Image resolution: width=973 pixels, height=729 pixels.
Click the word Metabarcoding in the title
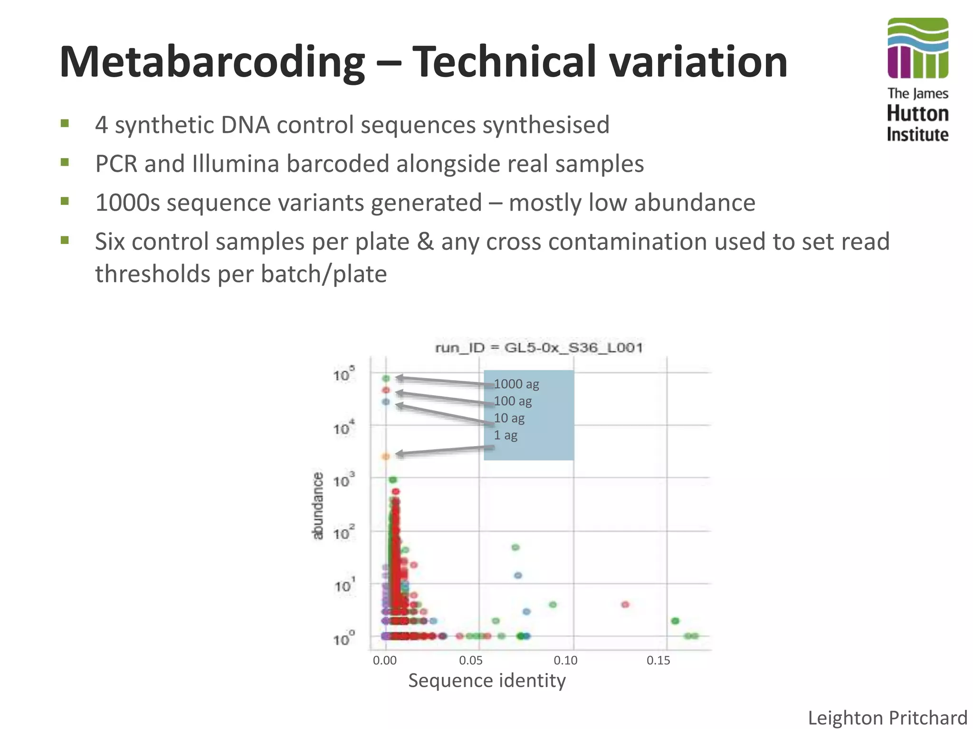(x=212, y=62)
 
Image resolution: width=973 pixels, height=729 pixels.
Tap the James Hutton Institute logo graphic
(x=917, y=48)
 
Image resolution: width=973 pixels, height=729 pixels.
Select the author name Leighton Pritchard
(x=887, y=718)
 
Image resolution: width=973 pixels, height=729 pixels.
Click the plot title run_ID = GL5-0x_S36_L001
(x=539, y=348)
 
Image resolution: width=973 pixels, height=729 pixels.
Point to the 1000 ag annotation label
(x=516, y=384)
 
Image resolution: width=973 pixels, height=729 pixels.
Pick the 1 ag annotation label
(x=505, y=435)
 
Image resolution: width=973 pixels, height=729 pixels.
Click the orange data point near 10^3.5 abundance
(x=386, y=456)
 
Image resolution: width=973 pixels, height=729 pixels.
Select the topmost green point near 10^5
(x=386, y=378)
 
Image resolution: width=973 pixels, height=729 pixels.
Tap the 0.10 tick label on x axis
(x=565, y=660)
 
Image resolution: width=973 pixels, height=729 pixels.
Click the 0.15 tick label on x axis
(x=658, y=660)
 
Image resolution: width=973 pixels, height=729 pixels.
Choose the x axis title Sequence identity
(x=487, y=681)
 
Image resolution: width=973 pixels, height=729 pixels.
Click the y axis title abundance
(x=317, y=506)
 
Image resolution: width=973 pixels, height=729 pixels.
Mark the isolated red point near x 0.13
(x=625, y=604)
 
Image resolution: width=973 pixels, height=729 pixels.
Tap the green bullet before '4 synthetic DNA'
(x=65, y=124)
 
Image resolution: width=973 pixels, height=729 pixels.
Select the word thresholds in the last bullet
(x=153, y=274)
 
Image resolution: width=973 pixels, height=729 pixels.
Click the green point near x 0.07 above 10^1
(x=515, y=547)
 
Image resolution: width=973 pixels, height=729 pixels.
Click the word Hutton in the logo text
(x=917, y=114)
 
